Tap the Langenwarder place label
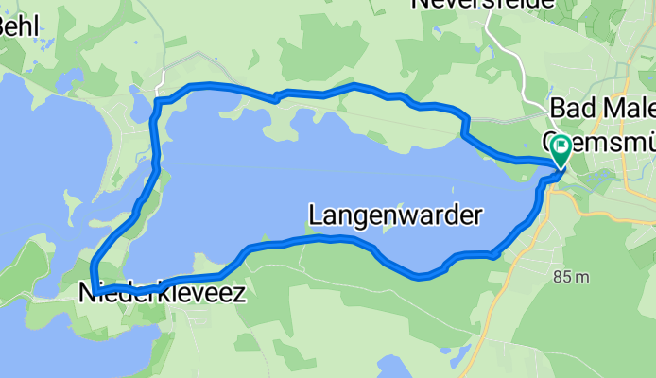394,215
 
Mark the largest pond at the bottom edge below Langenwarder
388,367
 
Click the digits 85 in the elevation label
561,277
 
